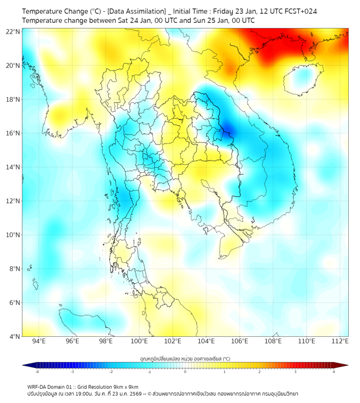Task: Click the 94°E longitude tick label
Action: pos(39,342)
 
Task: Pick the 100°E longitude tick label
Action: pos(139,342)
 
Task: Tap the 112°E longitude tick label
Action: pos(340,342)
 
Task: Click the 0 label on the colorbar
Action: pos(185,372)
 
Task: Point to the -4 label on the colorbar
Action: pos(36,372)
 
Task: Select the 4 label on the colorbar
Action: pos(334,372)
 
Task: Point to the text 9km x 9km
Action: pos(124,386)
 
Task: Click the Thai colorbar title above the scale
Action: pos(185,358)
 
